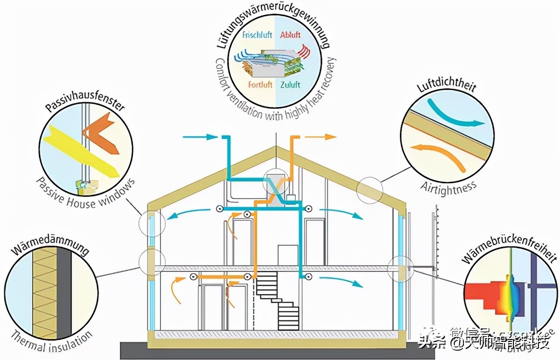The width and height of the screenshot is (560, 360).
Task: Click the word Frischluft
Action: tap(257, 34)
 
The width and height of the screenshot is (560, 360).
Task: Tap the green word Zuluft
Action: tap(290, 85)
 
